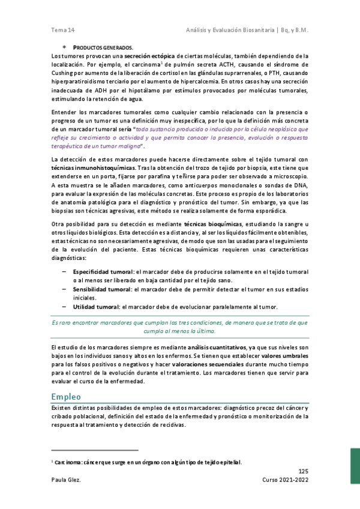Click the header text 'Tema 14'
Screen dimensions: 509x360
(x=63, y=29)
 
